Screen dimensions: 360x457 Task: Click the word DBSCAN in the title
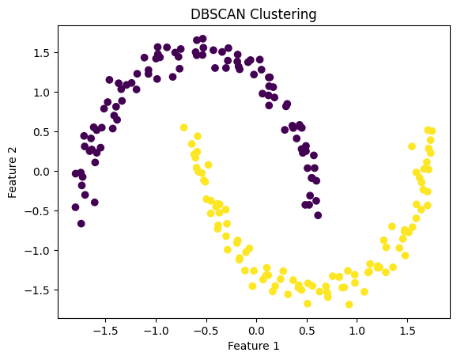217,14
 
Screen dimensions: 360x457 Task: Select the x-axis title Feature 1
253,346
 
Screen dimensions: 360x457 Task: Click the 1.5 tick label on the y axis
41,53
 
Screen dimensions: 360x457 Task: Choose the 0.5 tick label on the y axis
41,132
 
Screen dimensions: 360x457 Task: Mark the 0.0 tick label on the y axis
41,172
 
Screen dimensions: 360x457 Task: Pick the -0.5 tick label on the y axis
38,211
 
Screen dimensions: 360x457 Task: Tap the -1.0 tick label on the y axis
38,251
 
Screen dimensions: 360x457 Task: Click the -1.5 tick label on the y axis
38,290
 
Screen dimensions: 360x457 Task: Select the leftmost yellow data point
183,127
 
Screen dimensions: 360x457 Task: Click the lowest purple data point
81,223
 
